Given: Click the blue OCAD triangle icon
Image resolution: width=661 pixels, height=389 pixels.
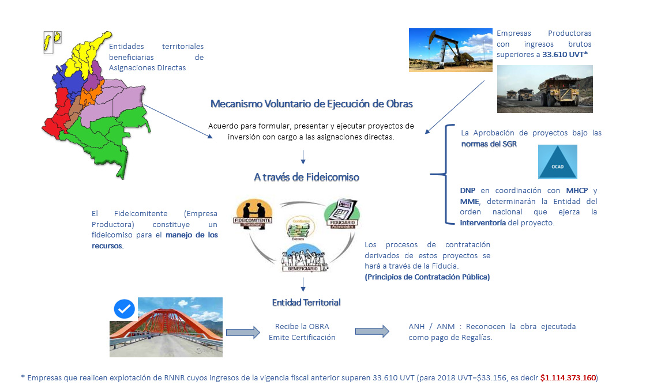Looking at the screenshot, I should pyautogui.click(x=557, y=162).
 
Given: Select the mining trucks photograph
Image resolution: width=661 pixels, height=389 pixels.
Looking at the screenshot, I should pyautogui.click(x=544, y=89).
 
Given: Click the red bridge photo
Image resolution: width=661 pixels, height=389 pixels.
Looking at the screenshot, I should pyautogui.click(x=166, y=327).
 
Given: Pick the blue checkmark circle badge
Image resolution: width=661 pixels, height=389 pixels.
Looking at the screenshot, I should pyautogui.click(x=124, y=309).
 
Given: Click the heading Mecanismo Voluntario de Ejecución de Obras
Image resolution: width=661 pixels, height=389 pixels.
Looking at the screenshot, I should pyautogui.click(x=311, y=104).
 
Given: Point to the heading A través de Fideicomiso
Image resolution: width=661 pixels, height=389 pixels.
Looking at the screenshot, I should pyautogui.click(x=306, y=177).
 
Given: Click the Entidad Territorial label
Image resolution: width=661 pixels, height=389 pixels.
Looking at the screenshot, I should pyautogui.click(x=306, y=302).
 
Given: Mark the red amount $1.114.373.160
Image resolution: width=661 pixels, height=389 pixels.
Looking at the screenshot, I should pyautogui.click(x=568, y=378).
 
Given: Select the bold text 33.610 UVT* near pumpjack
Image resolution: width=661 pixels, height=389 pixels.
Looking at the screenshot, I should pyautogui.click(x=565, y=54).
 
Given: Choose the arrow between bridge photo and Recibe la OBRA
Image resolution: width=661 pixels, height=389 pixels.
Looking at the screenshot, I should pyautogui.click(x=242, y=332).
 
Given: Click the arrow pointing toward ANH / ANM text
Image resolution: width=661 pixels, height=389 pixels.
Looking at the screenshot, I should pyautogui.click(x=371, y=331).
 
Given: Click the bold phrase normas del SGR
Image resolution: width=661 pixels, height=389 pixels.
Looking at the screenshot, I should pyautogui.click(x=489, y=144).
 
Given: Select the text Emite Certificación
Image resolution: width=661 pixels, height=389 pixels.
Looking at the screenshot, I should pyautogui.click(x=302, y=337).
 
